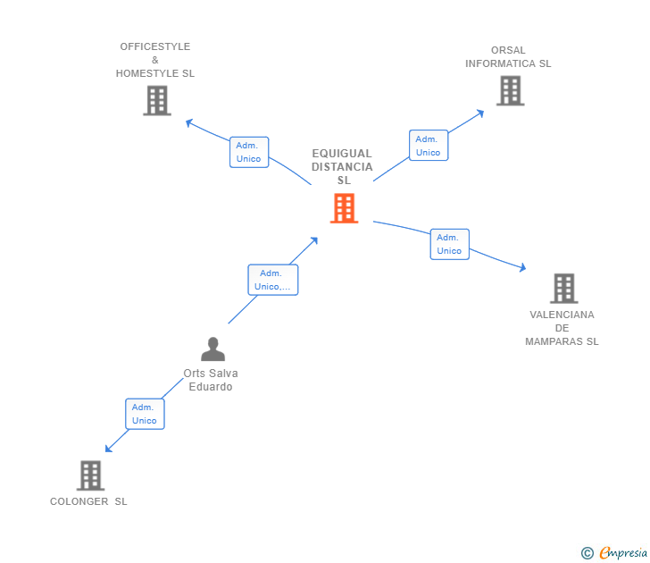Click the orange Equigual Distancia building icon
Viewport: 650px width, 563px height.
pyautogui.click(x=344, y=208)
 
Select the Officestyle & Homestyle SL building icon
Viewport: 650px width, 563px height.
pyautogui.click(x=156, y=101)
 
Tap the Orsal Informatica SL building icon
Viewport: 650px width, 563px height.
pyautogui.click(x=510, y=90)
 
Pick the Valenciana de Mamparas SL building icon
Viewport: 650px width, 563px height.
pyautogui.click(x=563, y=289)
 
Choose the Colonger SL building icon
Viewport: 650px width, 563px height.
pyautogui.click(x=90, y=475)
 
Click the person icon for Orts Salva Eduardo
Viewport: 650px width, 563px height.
pyautogui.click(x=212, y=349)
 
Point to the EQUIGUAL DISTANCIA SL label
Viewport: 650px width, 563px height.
pyautogui.click(x=342, y=167)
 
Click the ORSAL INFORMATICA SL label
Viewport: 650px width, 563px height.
pyautogui.click(x=508, y=57)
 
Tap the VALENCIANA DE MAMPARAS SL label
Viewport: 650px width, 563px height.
pyautogui.click(x=562, y=328)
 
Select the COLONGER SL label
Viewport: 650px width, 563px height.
pyautogui.click(x=88, y=501)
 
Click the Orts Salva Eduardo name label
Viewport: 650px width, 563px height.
pyautogui.click(x=211, y=380)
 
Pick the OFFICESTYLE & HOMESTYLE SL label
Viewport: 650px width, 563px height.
pyautogui.click(x=155, y=60)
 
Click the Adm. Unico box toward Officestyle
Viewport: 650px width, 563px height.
pyautogui.click(x=248, y=152)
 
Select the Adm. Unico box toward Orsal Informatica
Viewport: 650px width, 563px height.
pyautogui.click(x=429, y=146)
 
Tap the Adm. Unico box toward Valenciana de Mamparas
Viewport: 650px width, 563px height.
pyautogui.click(x=449, y=244)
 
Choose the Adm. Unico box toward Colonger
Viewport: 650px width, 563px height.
pyautogui.click(x=145, y=414)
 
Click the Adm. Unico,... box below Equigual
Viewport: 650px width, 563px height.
pyautogui.click(x=272, y=280)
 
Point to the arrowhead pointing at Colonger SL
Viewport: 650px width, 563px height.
pyautogui.click(x=109, y=448)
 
